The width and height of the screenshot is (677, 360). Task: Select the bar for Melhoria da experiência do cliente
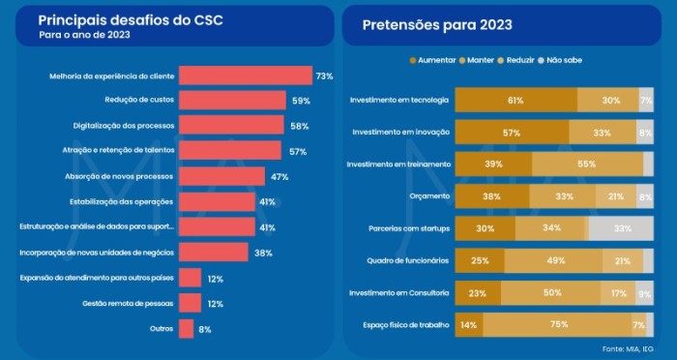[246, 75]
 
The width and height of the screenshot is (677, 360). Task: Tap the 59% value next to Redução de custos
[302, 101]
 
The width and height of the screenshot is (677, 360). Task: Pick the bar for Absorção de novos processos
[221, 176]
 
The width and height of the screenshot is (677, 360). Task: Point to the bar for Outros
[186, 328]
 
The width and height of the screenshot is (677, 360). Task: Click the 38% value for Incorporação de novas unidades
[263, 253]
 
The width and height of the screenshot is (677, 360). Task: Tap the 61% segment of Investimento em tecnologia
[515, 100]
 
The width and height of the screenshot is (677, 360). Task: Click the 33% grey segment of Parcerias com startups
[621, 228]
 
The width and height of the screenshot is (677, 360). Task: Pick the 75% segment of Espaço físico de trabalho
[558, 324]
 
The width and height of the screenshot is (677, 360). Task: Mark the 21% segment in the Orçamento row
[615, 196]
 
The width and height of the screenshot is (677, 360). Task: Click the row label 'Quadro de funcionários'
[407, 260]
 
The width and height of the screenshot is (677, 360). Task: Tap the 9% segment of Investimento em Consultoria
[644, 292]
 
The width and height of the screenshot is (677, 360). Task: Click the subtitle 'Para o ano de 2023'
[85, 35]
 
